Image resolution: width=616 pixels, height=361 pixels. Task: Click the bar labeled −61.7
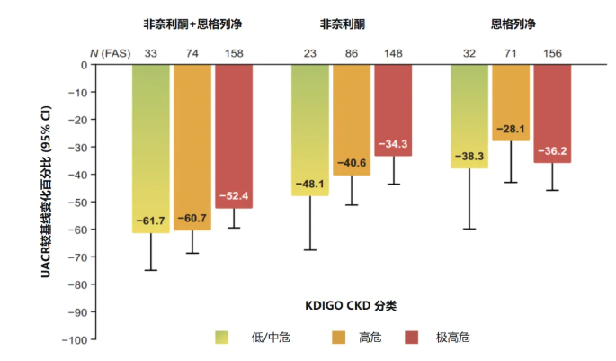click(x=150, y=149)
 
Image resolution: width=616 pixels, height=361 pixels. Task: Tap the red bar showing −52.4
click(x=234, y=136)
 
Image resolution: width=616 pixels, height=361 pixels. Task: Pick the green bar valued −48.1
click(x=310, y=130)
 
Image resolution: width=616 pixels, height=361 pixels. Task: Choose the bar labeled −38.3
click(x=469, y=116)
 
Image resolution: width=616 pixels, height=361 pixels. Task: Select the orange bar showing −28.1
click(x=510, y=103)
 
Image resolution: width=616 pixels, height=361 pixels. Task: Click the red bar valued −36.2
click(x=551, y=113)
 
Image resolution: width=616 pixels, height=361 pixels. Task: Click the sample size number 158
click(x=234, y=52)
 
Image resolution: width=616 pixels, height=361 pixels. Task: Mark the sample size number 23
click(x=310, y=52)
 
